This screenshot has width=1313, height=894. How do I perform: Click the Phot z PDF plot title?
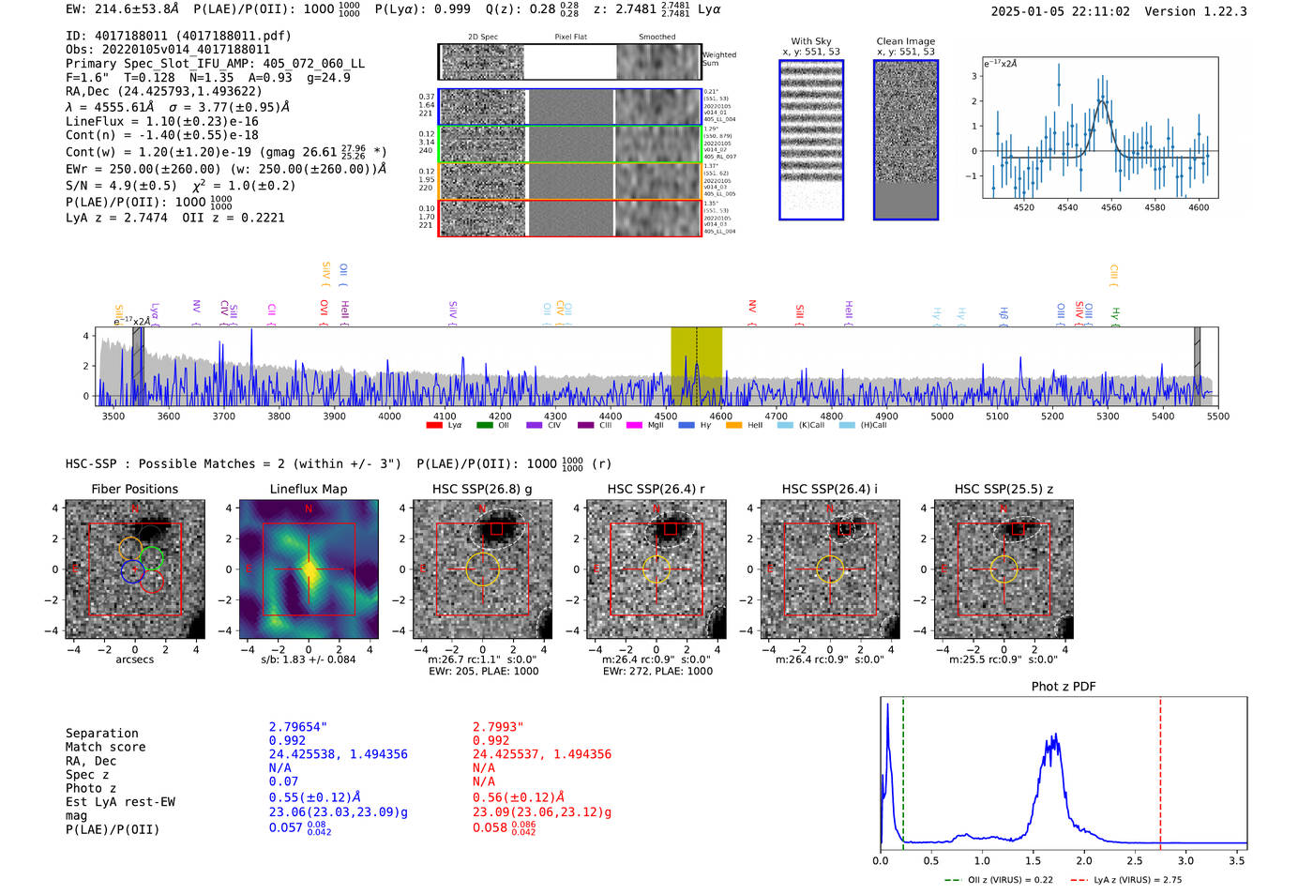point(1064,687)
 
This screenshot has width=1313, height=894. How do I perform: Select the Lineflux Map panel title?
point(309,489)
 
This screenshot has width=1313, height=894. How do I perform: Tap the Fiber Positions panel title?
point(134,489)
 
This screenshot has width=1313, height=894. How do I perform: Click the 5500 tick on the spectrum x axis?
point(1217,417)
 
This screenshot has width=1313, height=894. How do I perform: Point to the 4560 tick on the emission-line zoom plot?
point(1111,207)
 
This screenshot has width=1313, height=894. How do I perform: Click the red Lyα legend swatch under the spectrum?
point(434,426)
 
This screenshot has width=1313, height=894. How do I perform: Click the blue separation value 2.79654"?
point(298,727)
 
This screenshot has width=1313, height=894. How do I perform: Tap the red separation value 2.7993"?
point(498,727)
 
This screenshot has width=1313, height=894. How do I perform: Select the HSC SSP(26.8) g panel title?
point(482,489)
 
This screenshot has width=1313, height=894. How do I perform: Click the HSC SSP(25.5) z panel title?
point(1004,489)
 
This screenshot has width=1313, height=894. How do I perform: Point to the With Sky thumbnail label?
point(811,41)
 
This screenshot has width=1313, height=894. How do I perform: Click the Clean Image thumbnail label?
point(905,41)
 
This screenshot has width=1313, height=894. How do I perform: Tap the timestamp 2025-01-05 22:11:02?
point(1060,11)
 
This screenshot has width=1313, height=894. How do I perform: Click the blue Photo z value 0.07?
point(283,781)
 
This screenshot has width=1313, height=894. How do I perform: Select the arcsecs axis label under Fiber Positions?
point(134,659)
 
